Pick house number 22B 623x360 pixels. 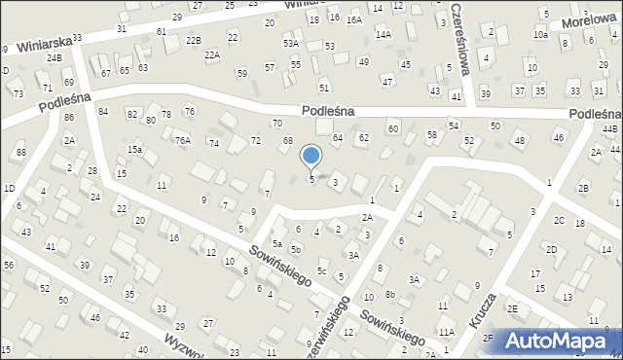(194, 40)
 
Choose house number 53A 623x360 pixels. (290, 44)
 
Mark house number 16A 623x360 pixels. (353, 18)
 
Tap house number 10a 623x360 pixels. (540, 35)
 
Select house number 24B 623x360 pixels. (54, 58)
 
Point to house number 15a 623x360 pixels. (135, 150)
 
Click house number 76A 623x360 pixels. (182, 141)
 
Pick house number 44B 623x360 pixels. (609, 129)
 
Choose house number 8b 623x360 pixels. (390, 294)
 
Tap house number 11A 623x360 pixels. (446, 332)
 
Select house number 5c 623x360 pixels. (321, 270)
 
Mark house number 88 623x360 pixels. (20, 153)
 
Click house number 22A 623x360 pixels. (211, 55)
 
